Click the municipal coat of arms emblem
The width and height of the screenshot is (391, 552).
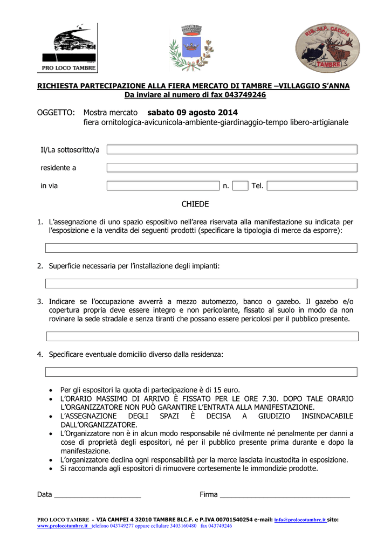pyautogui.click(x=190, y=47)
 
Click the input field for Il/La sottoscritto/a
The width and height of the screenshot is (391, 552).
pyautogui.click(x=232, y=149)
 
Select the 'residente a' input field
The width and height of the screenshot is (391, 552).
pyautogui.click(x=232, y=168)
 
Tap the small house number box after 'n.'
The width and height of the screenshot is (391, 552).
pyautogui.click(x=241, y=186)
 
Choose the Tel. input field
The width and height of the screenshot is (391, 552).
pyautogui.click(x=312, y=186)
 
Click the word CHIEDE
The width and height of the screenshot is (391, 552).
pyautogui.click(x=195, y=204)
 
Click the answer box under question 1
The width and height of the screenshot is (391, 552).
pyautogui.click(x=201, y=248)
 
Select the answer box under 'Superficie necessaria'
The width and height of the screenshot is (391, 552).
pyautogui.click(x=201, y=284)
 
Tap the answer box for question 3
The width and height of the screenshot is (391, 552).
pyautogui.click(x=202, y=336)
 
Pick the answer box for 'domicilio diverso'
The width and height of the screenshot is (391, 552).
pyautogui.click(x=201, y=372)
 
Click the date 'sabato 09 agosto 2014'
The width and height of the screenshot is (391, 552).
pyautogui.click(x=192, y=112)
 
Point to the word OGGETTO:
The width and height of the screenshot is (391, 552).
pyautogui.click(x=56, y=112)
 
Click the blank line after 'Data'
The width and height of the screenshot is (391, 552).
pyautogui.click(x=98, y=495)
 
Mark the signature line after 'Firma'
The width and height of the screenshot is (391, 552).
pyautogui.click(x=285, y=495)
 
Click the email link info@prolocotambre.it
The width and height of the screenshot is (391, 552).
pyautogui.click(x=300, y=520)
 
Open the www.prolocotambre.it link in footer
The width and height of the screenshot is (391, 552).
pyautogui.click(x=63, y=526)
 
